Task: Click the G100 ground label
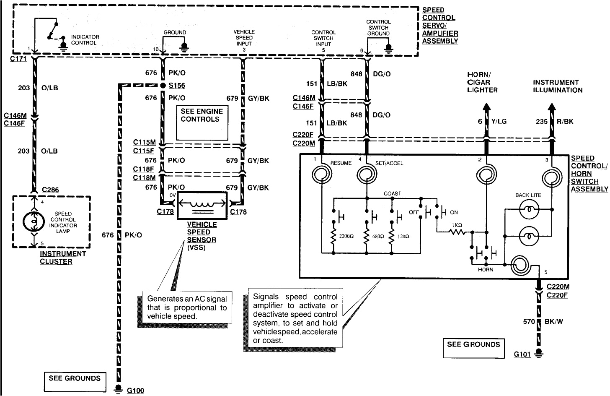135,391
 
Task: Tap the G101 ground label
522,354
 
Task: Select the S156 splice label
177,86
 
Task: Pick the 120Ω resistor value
403,237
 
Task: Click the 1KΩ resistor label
457,225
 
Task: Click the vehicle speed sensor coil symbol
202,204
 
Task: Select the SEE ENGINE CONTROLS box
202,122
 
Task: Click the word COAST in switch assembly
393,193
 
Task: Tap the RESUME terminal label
341,163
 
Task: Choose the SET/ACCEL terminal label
389,163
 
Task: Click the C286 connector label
50,190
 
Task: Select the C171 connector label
18,59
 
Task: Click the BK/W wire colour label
554,322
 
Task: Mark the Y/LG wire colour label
499,121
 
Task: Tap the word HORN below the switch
486,269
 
